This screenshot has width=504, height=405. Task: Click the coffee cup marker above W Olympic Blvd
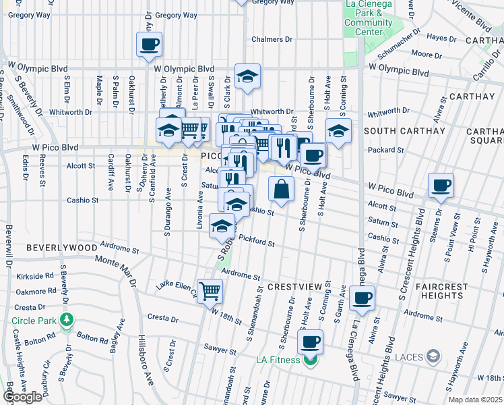(x=149, y=45)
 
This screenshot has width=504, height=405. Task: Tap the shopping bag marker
(x=282, y=190)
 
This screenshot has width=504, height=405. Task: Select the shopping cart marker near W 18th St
(x=210, y=291)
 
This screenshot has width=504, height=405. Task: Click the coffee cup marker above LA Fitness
(x=310, y=342)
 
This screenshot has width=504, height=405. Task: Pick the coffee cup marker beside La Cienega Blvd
(x=362, y=298)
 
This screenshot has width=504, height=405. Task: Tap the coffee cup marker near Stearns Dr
(x=441, y=185)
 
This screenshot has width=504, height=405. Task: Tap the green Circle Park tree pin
(x=66, y=319)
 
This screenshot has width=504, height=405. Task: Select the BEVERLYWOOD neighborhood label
(x=61, y=248)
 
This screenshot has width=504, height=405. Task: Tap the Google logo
(x=22, y=397)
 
